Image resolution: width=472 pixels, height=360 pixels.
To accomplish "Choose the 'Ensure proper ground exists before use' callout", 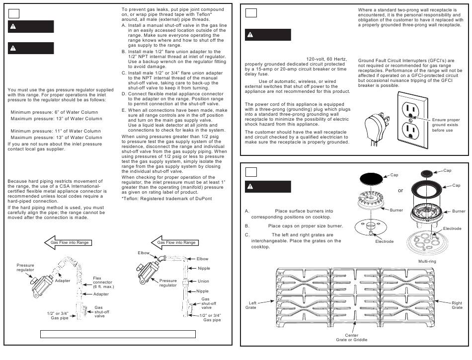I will pyautogui.click(x=446, y=125).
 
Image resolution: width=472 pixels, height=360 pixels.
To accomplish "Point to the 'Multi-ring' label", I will pyautogui.click(x=428, y=261).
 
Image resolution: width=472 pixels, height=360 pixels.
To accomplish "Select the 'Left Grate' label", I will pyautogui.click(x=251, y=305).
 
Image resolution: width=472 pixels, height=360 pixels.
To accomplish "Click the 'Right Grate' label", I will pyautogui.click(x=457, y=305).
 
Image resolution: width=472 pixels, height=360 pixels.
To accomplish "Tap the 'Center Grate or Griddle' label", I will pyautogui.click(x=351, y=338).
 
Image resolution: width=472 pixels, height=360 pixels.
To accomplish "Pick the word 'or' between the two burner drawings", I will pyautogui.click(x=400, y=191).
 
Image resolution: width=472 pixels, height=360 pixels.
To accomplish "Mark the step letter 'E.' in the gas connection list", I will pyautogui.click(x=124, y=110).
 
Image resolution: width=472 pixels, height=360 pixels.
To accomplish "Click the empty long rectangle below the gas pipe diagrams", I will pyautogui.click(x=117, y=334).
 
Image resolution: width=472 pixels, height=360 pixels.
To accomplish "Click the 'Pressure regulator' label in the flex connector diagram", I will pyautogui.click(x=25, y=268).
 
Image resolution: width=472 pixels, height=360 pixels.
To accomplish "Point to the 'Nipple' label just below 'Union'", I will pyautogui.click(x=202, y=291).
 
